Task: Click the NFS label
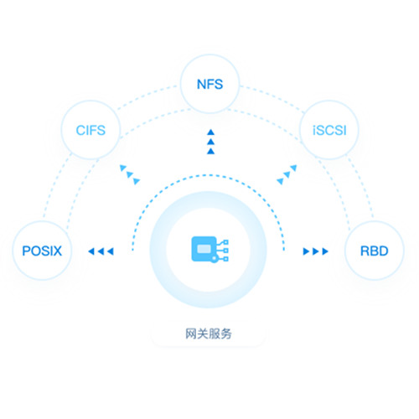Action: [x=209, y=84]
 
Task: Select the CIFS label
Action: [x=91, y=131]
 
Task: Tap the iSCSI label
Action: [x=329, y=131]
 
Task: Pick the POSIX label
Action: [x=42, y=251]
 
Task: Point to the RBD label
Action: [x=375, y=251]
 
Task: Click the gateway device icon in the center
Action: [x=209, y=250]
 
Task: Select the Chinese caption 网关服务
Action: [x=209, y=334]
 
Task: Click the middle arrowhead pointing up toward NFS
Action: [x=211, y=142]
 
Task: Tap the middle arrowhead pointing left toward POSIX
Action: [x=101, y=251]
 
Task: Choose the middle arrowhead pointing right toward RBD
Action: [x=316, y=251]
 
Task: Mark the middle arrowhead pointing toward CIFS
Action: [x=130, y=174]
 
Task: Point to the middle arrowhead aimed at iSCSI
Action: [x=287, y=175]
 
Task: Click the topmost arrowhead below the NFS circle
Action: [x=211, y=132]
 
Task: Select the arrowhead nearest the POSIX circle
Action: [x=91, y=251]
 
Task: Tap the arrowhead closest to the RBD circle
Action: [x=325, y=251]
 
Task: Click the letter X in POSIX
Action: [x=57, y=251]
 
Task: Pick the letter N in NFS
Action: [x=201, y=84]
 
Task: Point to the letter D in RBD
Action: [x=383, y=251]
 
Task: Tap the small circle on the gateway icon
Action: [x=214, y=259]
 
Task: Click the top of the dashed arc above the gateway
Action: [x=208, y=175]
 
